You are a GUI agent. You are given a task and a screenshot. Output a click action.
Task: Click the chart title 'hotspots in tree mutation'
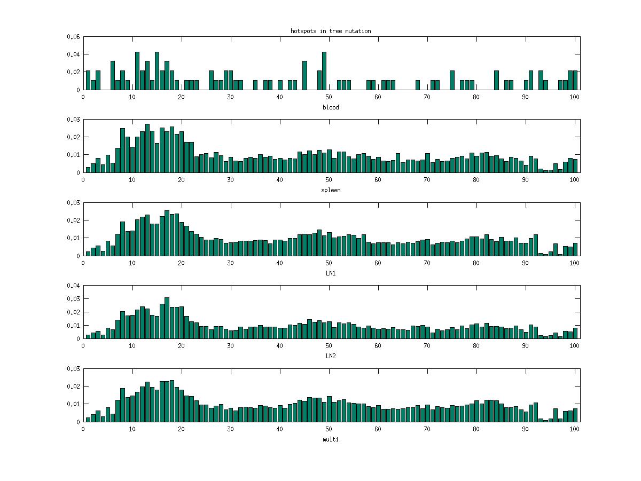tap(331, 31)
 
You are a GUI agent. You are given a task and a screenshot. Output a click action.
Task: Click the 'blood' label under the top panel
tap(331, 107)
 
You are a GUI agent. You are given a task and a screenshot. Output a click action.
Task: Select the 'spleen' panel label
tap(331, 190)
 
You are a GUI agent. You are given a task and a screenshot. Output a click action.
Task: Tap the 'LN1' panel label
tap(331, 273)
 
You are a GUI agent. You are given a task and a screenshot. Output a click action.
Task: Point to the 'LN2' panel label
tap(331, 356)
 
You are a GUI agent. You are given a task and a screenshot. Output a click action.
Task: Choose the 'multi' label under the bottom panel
tap(331, 439)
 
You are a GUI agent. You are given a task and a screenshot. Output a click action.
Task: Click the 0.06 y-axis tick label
tap(73, 37)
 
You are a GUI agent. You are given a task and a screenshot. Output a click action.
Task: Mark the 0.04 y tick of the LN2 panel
tap(73, 286)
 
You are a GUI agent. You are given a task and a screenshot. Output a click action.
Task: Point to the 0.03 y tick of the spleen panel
tap(73, 120)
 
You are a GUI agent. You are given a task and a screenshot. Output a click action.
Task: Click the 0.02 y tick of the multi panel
tap(73, 386)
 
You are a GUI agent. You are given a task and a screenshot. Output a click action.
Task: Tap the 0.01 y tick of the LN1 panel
tap(73, 238)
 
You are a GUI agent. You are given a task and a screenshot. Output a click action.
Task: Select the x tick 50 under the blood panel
tap(329, 97)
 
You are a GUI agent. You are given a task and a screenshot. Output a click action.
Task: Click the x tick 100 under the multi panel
tap(575, 429)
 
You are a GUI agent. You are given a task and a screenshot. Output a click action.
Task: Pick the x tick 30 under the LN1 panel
tap(231, 263)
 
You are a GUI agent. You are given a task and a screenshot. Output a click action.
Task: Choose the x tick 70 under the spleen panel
tap(427, 180)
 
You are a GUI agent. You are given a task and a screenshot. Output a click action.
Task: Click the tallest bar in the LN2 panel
tap(167, 318)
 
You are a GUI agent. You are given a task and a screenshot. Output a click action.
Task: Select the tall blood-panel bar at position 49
tap(324, 71)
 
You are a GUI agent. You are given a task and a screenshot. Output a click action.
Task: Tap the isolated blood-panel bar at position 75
tap(452, 80)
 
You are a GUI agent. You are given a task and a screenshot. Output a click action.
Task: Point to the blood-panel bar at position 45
tap(304, 75)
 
